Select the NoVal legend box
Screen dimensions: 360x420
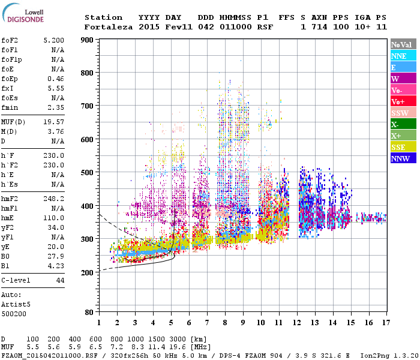click(403, 44)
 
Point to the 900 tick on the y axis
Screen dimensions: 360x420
click(87, 40)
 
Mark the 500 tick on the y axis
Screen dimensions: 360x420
click(87, 173)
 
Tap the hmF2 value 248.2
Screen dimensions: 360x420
click(53, 197)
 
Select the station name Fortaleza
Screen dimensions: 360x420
click(109, 27)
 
